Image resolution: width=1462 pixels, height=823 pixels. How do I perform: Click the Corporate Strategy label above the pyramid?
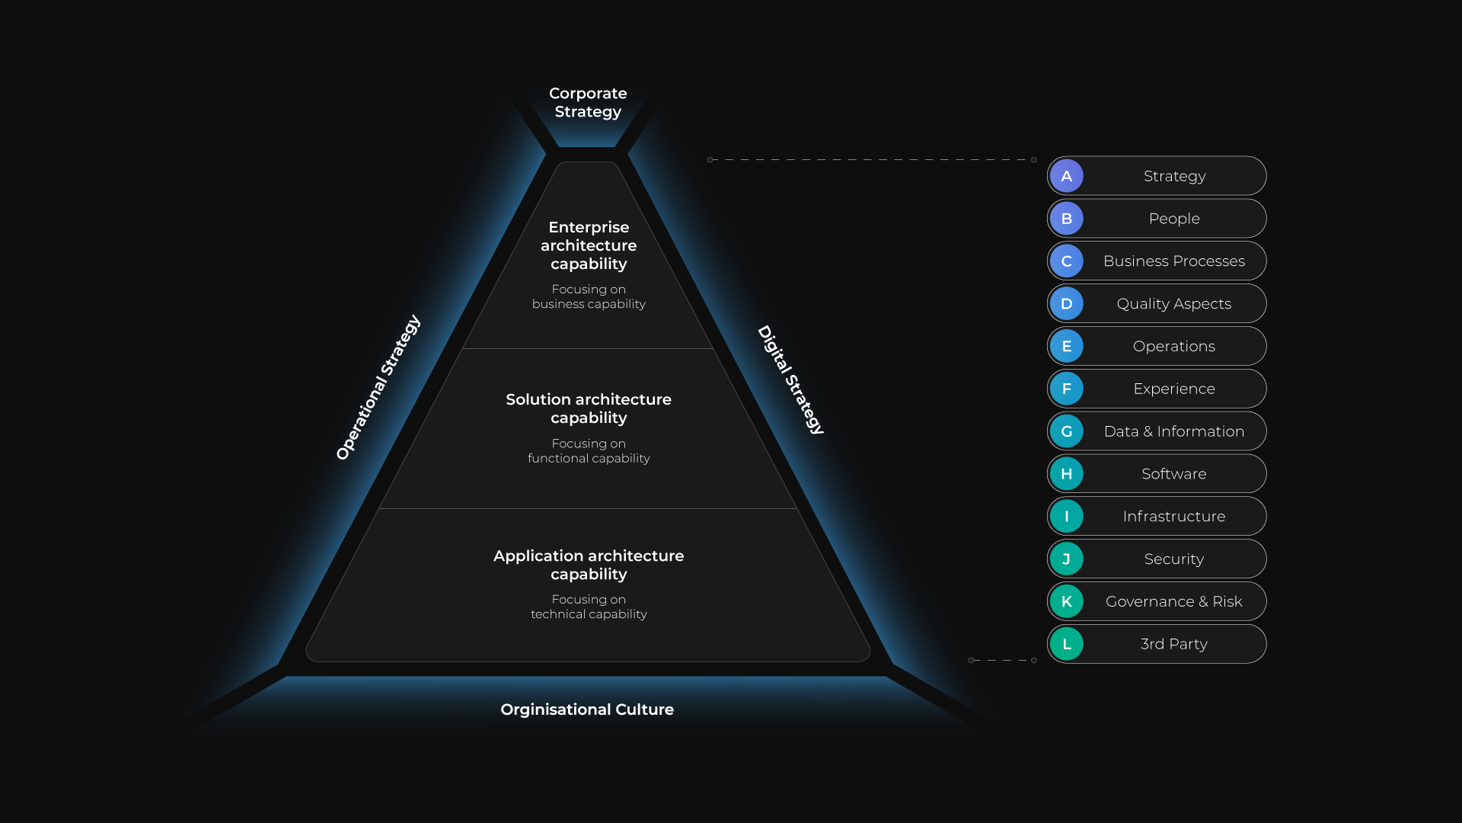(588, 102)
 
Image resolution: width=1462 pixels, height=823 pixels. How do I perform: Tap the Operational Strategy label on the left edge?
(378, 387)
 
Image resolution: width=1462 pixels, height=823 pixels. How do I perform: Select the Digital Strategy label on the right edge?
(791, 379)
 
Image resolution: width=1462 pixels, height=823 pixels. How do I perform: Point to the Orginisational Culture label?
(587, 709)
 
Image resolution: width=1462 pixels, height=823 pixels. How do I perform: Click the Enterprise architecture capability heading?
(589, 245)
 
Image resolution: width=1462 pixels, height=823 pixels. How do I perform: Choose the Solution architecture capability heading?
(589, 408)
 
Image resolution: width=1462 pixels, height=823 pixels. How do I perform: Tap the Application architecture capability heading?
(589, 565)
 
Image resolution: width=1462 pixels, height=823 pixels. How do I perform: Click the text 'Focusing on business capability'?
(589, 296)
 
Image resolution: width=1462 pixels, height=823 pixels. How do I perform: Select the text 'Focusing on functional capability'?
(589, 450)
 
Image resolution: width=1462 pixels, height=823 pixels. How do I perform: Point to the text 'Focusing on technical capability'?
(589, 607)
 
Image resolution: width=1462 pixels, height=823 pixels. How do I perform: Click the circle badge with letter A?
(1067, 176)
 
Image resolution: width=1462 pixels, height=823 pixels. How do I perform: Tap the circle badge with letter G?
(1067, 431)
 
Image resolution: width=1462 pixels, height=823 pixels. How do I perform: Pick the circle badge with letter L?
(1067, 644)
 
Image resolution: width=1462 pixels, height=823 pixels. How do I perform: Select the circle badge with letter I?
(1067, 517)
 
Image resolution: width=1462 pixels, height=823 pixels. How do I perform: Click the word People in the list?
(1174, 219)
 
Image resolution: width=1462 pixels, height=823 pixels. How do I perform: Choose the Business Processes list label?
(1174, 261)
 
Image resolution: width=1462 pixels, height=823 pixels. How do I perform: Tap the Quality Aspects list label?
(1174, 304)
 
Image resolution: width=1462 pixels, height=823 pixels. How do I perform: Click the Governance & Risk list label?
(1174, 602)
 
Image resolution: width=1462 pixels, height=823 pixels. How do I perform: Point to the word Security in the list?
(1174, 559)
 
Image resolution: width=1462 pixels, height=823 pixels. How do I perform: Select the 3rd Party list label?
(1174, 644)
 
